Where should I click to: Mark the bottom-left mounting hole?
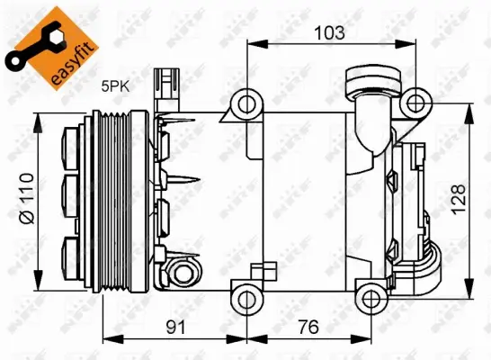point(245,296)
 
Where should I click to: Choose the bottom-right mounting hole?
point(370,296)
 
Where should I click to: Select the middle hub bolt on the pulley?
point(72,196)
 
